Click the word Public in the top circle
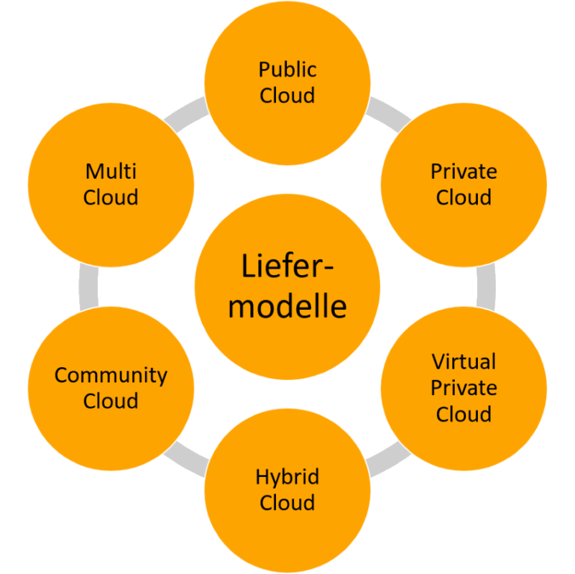287,70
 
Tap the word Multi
111,172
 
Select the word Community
111,375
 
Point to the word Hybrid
287,477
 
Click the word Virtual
464,361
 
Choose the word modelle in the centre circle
287,307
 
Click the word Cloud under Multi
111,198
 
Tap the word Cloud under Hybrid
287,503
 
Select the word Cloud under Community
111,401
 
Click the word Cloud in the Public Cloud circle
287,96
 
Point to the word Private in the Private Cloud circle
464,172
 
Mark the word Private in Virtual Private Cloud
464,388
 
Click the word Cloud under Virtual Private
464,415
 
